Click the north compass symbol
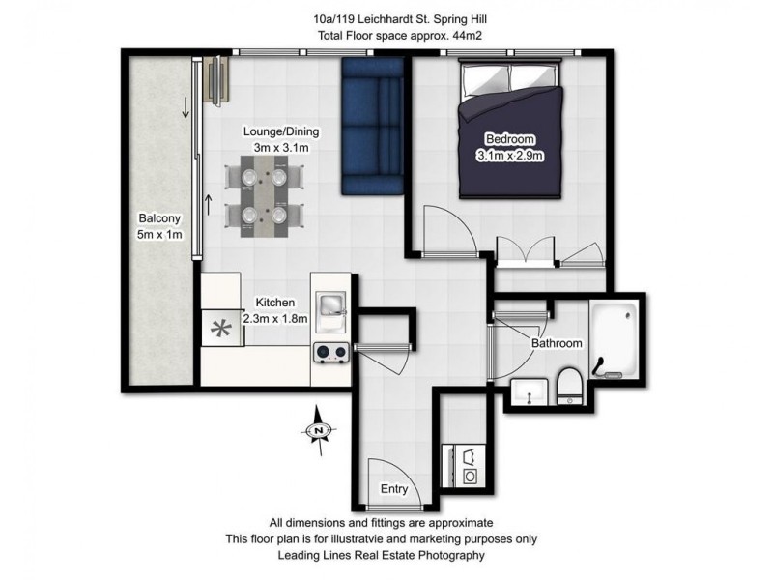[318, 430]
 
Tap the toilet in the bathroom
[569, 385]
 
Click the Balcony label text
[157, 218]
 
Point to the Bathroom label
[557, 343]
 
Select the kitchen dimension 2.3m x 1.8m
[274, 318]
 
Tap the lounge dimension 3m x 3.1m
[280, 147]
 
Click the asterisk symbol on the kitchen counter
[222, 329]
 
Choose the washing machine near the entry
[471, 476]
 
